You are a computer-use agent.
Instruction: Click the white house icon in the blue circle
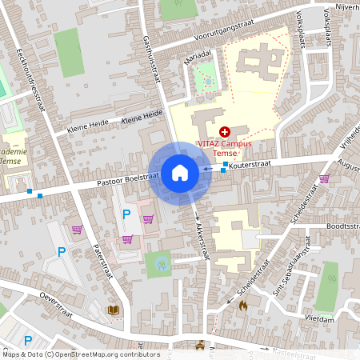click(x=180, y=172)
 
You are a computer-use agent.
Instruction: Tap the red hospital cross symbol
click(x=224, y=130)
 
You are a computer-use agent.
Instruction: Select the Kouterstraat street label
click(x=250, y=163)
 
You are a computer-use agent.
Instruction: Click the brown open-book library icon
click(x=113, y=310)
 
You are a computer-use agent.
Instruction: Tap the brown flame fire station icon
click(x=243, y=305)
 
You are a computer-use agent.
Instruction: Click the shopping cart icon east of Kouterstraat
click(x=324, y=178)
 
